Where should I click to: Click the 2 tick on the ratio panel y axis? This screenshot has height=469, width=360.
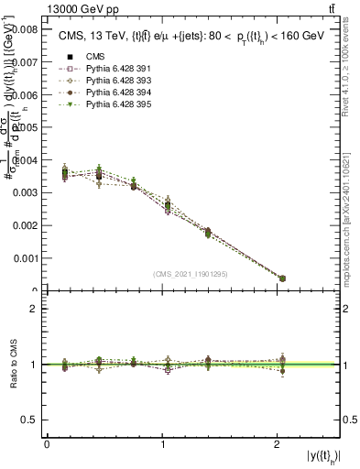click(x=37, y=309)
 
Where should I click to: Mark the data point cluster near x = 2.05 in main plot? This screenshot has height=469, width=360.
click(x=281, y=278)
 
